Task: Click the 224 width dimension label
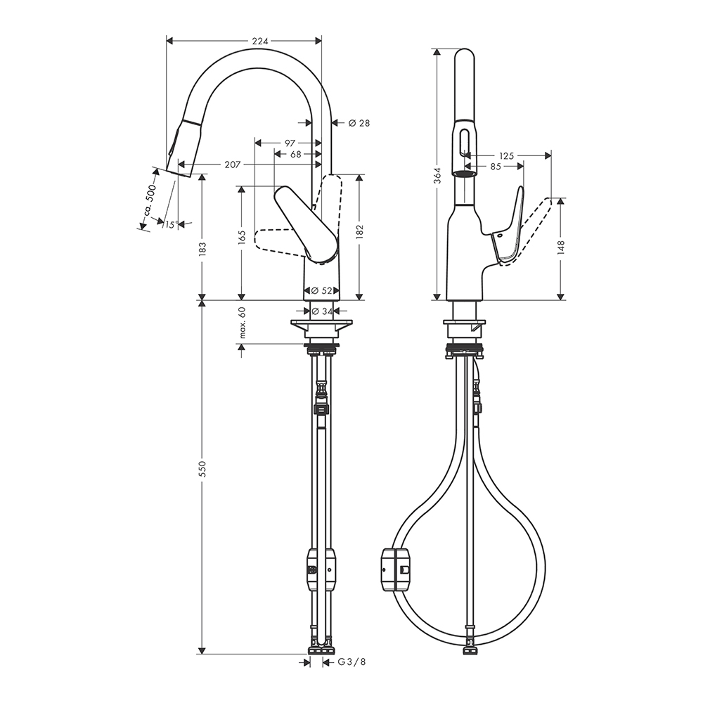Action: tap(259, 41)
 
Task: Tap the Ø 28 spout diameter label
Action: tap(359, 123)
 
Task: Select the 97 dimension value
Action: tap(290, 143)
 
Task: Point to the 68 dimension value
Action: tap(296, 154)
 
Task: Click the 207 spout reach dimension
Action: tap(232, 165)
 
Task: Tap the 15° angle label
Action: tap(171, 224)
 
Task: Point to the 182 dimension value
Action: tap(359, 231)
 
